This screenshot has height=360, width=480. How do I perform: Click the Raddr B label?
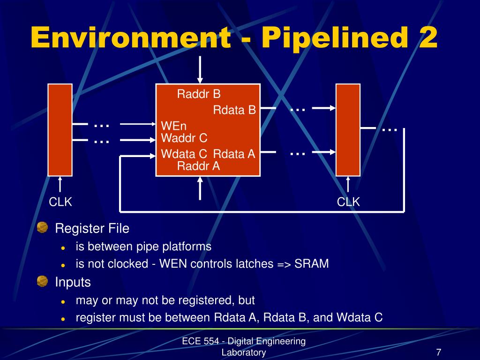pos(199,94)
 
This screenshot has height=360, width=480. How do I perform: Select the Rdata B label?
pos(234,110)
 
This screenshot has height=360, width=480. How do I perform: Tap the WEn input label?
pos(173,126)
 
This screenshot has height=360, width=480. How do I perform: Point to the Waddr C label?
pos(184,138)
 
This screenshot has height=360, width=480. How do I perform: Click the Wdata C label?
pos(184,154)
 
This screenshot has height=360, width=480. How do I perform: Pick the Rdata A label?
pos(234,154)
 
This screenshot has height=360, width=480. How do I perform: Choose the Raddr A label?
pos(198,166)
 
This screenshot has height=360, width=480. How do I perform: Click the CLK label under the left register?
pos(60,202)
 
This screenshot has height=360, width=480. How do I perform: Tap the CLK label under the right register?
pos(348,202)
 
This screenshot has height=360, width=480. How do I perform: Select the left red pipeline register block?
pos(60,130)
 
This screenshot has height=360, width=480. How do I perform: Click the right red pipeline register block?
pos(348,130)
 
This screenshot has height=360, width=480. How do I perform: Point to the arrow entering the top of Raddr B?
pos(200,70)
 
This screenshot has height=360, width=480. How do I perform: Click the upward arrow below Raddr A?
pos(200,188)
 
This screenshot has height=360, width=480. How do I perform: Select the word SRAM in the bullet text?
pos(312,263)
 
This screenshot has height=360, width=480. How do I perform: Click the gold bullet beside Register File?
pos(42,227)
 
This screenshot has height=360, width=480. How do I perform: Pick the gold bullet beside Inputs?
pos(42,281)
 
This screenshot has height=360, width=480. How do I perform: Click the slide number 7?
pos(439,352)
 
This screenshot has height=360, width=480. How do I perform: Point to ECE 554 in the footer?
pos(201,341)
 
